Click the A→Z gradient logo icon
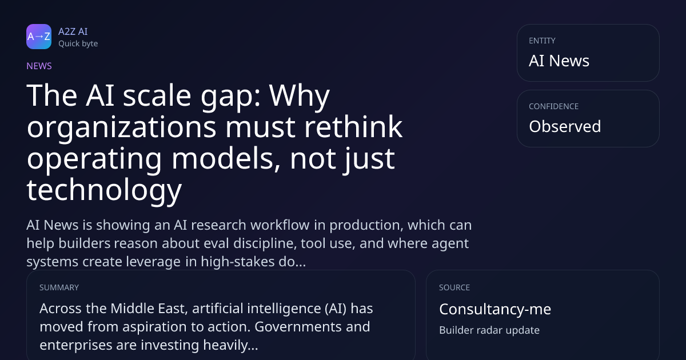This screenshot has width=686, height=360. click(x=39, y=37)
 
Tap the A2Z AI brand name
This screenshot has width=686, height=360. click(x=73, y=31)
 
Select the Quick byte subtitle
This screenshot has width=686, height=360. click(x=78, y=44)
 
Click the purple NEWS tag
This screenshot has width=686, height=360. click(x=39, y=66)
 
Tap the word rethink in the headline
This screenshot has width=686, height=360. click(x=353, y=127)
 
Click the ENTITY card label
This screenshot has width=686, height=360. click(x=542, y=41)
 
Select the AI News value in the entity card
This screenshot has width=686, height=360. click(x=559, y=61)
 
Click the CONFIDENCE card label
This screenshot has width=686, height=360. click(x=554, y=106)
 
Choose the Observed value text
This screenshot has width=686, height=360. click(x=565, y=126)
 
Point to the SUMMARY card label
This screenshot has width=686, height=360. click(x=59, y=288)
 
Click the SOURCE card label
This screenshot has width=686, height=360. click(x=454, y=288)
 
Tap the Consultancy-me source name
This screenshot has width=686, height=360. click(x=495, y=309)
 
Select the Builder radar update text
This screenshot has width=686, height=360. click(x=489, y=330)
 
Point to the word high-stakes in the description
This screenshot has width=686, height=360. click(x=238, y=262)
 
